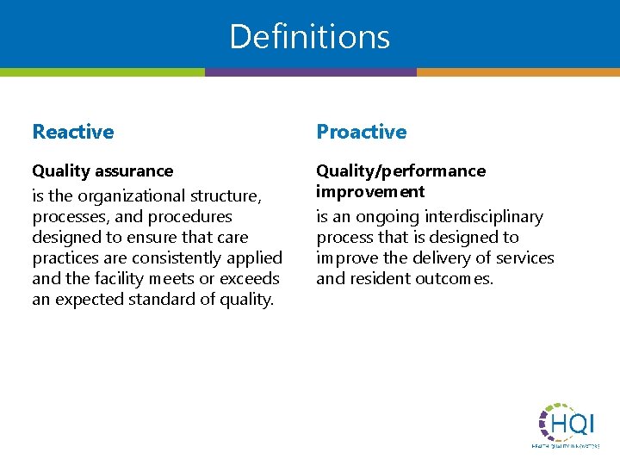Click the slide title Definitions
pyautogui.click(x=310, y=36)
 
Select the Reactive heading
pyautogui.click(x=73, y=132)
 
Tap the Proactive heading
pyautogui.click(x=361, y=132)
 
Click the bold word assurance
pyautogui.click(x=133, y=171)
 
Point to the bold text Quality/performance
pyautogui.click(x=400, y=171)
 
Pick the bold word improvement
pyautogui.click(x=370, y=191)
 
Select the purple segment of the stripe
pyautogui.click(x=310, y=72)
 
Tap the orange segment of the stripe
pyautogui.click(x=518, y=72)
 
